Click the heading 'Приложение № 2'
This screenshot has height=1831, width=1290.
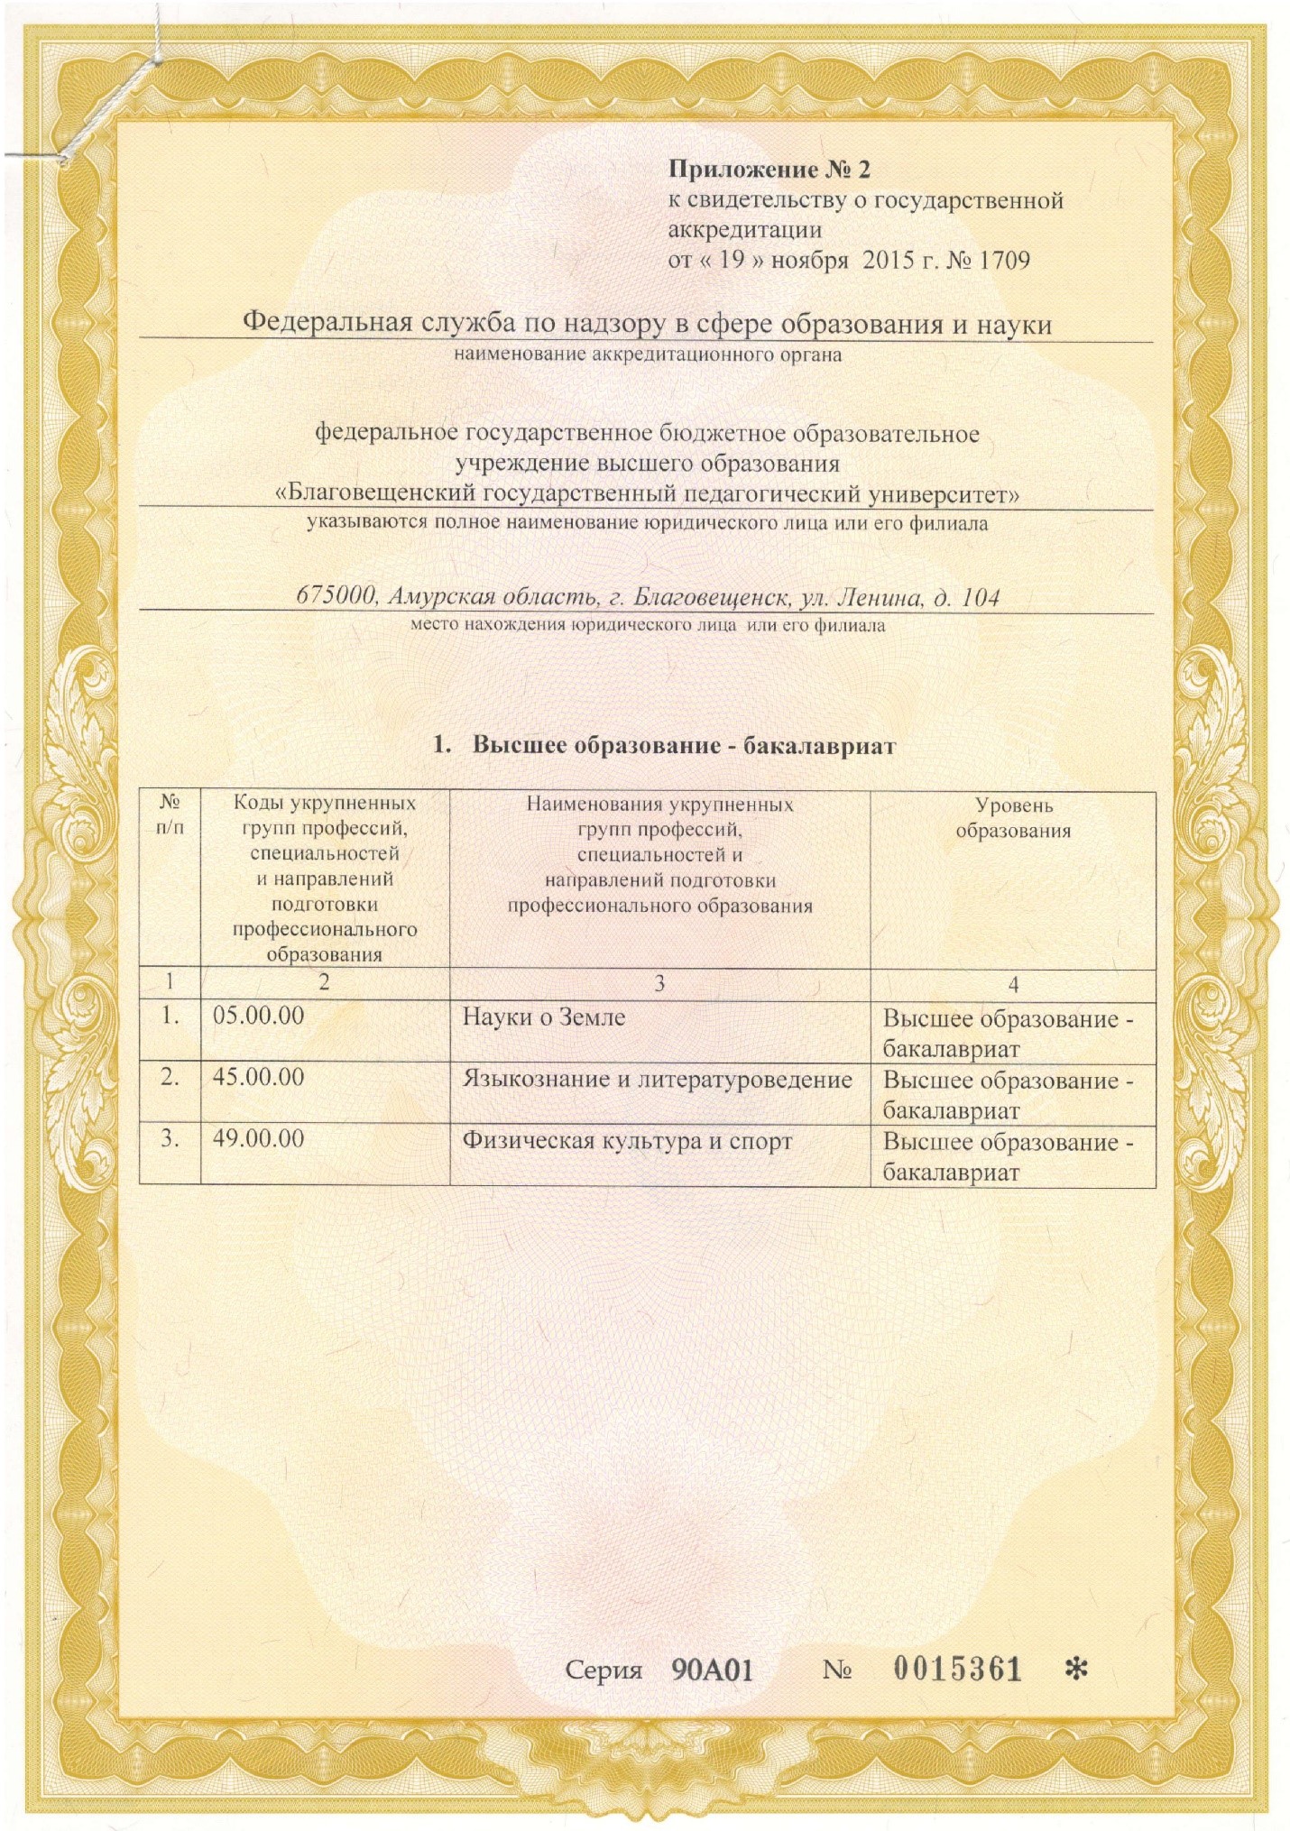click(x=769, y=170)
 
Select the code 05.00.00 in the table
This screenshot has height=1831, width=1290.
click(x=258, y=1016)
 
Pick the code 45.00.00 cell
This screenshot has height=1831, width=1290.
click(x=258, y=1077)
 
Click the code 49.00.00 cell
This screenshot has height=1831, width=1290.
click(x=258, y=1138)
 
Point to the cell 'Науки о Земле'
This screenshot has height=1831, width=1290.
click(x=544, y=1017)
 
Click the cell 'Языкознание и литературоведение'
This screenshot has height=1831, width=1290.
click(x=658, y=1079)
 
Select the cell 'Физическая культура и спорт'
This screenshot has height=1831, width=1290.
click(x=627, y=1141)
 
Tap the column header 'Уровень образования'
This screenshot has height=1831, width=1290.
click(x=1013, y=818)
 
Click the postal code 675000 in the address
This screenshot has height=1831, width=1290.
click(x=336, y=597)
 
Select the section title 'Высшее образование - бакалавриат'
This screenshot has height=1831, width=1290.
click(x=684, y=746)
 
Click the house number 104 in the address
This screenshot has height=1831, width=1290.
click(x=980, y=597)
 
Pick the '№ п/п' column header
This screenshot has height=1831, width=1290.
click(x=170, y=814)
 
